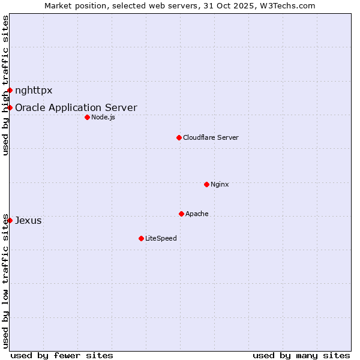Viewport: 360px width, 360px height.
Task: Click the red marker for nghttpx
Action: click(10, 91)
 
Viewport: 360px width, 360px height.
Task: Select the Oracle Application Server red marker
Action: click(10, 107)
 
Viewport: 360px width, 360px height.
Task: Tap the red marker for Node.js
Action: click(87, 117)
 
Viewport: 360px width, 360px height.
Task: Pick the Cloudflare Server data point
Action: click(179, 137)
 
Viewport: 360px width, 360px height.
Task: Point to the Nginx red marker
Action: click(206, 184)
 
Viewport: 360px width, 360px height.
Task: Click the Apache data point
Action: click(181, 214)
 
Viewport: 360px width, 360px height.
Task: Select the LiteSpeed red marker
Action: click(141, 238)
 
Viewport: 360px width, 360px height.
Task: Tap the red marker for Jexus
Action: click(10, 220)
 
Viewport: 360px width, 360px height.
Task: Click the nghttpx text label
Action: click(34, 91)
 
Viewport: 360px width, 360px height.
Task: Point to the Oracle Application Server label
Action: click(76, 108)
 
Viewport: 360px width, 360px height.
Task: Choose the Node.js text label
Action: click(103, 117)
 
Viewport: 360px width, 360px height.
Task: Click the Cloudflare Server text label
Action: click(211, 137)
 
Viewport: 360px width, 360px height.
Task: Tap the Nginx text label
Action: click(220, 184)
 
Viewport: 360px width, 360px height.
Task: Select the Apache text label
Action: click(197, 214)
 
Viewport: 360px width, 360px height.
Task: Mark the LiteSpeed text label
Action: click(161, 238)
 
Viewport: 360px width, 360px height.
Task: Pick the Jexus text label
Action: click(28, 220)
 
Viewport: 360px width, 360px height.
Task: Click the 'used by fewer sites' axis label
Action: click(62, 355)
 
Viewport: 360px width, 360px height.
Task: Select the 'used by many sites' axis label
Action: click(301, 355)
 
